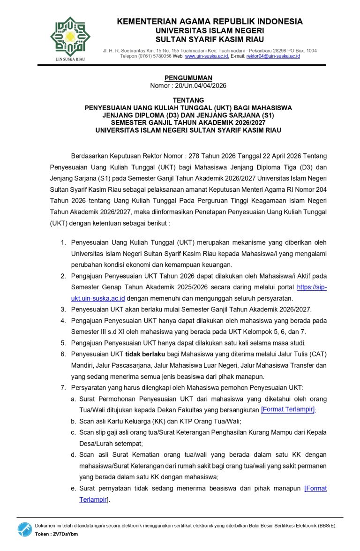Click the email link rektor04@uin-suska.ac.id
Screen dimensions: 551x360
pos(273,56)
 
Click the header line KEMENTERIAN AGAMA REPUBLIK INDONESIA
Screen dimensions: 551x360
pos(210,22)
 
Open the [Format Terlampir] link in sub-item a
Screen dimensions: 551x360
pos(288,409)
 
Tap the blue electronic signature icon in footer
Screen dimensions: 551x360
pos(24,529)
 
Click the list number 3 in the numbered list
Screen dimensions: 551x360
pos(63,309)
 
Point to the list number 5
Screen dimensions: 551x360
pos(63,342)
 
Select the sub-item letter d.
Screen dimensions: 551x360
pos(74,455)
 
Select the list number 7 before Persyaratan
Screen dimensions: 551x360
pos(63,387)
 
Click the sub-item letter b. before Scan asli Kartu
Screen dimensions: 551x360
pos(74,421)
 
